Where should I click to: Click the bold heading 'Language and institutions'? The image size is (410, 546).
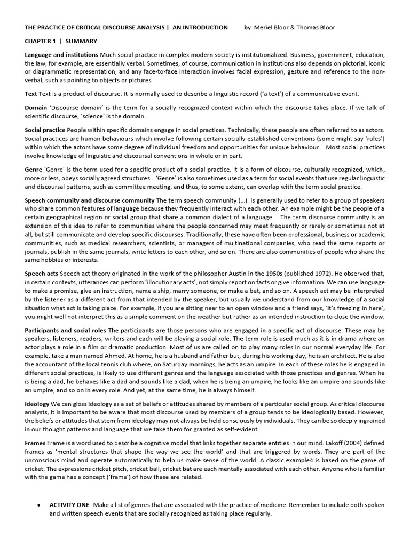(x=61, y=55)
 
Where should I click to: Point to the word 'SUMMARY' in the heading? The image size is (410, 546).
(x=81, y=41)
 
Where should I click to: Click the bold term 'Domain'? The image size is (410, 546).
(x=36, y=108)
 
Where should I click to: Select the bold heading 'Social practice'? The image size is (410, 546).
(x=45, y=130)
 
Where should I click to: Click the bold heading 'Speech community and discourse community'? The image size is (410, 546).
(x=90, y=200)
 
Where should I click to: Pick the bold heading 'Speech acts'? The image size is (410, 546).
(x=42, y=274)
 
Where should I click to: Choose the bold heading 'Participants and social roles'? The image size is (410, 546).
(x=65, y=331)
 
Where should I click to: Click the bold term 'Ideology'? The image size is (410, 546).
(x=37, y=404)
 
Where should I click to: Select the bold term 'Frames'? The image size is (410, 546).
(x=36, y=443)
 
